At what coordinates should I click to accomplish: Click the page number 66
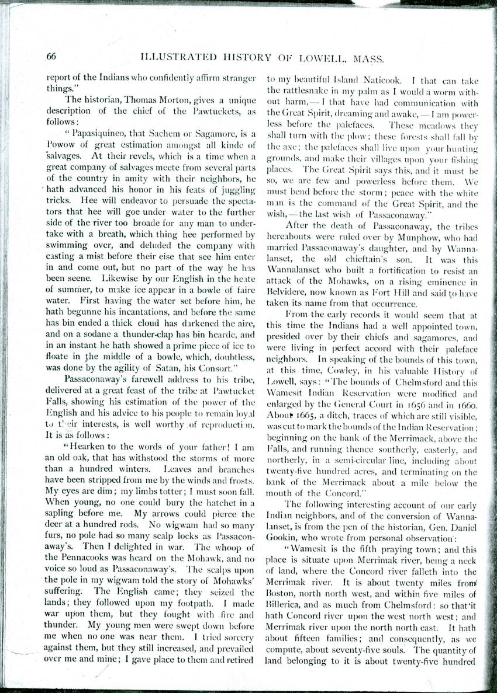[51, 57]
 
